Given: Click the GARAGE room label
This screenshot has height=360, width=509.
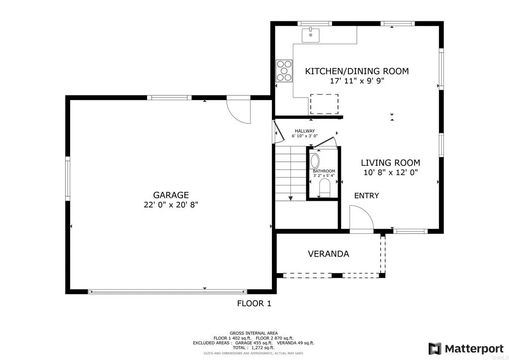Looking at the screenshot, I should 170,195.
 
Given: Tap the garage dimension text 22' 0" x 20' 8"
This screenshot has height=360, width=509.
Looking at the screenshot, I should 170,204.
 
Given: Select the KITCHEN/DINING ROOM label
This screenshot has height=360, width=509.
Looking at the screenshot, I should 357,71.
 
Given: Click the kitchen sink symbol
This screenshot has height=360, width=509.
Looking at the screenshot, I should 311,35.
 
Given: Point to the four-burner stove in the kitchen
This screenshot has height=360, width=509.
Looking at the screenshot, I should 284,70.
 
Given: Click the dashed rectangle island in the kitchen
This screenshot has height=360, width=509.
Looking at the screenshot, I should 324,104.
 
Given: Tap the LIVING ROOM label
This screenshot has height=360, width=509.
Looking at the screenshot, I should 390,163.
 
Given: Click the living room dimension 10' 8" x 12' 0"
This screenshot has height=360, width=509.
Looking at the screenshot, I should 390,173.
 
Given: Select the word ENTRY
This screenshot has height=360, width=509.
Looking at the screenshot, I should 366,195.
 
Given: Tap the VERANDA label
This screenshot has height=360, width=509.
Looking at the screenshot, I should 328,254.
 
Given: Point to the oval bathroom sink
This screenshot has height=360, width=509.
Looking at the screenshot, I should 315,161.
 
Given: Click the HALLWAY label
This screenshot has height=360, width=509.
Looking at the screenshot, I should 304,131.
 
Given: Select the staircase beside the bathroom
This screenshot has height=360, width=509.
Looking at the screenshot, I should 290,172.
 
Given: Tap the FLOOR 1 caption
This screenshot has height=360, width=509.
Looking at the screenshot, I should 254,303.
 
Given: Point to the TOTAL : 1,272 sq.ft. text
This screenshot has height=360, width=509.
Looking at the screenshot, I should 254,348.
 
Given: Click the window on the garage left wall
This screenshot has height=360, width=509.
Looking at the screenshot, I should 68,179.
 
